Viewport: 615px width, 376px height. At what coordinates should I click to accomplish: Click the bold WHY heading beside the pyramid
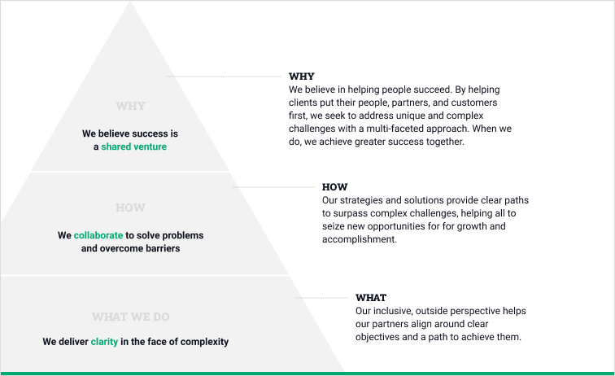point(302,77)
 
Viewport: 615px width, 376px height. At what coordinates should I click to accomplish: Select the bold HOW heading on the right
point(334,187)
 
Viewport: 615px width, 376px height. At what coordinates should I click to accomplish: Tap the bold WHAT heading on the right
point(371,298)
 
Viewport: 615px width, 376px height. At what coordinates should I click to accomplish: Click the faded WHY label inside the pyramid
point(131,106)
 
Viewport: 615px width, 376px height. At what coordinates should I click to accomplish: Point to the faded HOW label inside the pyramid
point(130,208)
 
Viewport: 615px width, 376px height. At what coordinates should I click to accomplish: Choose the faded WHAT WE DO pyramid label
point(131,317)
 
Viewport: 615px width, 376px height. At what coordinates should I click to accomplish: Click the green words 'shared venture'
point(133,146)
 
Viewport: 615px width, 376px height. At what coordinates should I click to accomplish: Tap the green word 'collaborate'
point(98,235)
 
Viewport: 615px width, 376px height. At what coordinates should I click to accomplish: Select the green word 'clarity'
point(104,342)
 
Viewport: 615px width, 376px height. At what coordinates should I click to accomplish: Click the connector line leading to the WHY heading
point(224,77)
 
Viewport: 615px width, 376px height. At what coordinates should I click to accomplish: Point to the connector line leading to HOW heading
point(274,187)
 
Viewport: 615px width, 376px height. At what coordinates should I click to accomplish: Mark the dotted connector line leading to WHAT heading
point(321,298)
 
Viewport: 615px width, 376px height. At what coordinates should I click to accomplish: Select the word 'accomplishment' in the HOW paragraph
point(360,239)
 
